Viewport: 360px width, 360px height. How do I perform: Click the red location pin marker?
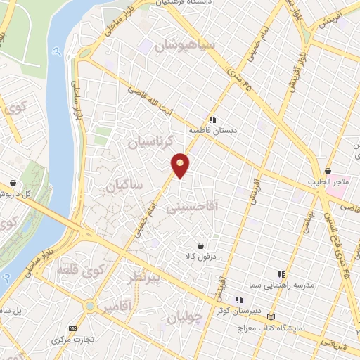[x=181, y=165]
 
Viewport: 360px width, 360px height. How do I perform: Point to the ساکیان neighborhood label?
[x=124, y=186]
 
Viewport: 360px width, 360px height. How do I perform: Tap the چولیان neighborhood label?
[x=185, y=317]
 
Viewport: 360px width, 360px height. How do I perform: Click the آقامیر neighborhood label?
[x=117, y=307]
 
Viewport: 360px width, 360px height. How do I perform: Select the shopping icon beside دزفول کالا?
[x=202, y=246]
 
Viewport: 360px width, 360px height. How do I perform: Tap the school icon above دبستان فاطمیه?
[x=212, y=120]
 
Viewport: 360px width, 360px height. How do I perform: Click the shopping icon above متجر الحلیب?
[x=328, y=171]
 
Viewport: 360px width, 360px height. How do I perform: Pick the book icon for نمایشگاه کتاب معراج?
[x=282, y=317]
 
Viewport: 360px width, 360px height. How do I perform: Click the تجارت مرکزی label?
[x=72, y=340]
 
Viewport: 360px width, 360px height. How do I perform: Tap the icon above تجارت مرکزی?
[x=72, y=329]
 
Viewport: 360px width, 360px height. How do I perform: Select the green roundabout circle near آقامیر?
[x=89, y=307]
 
